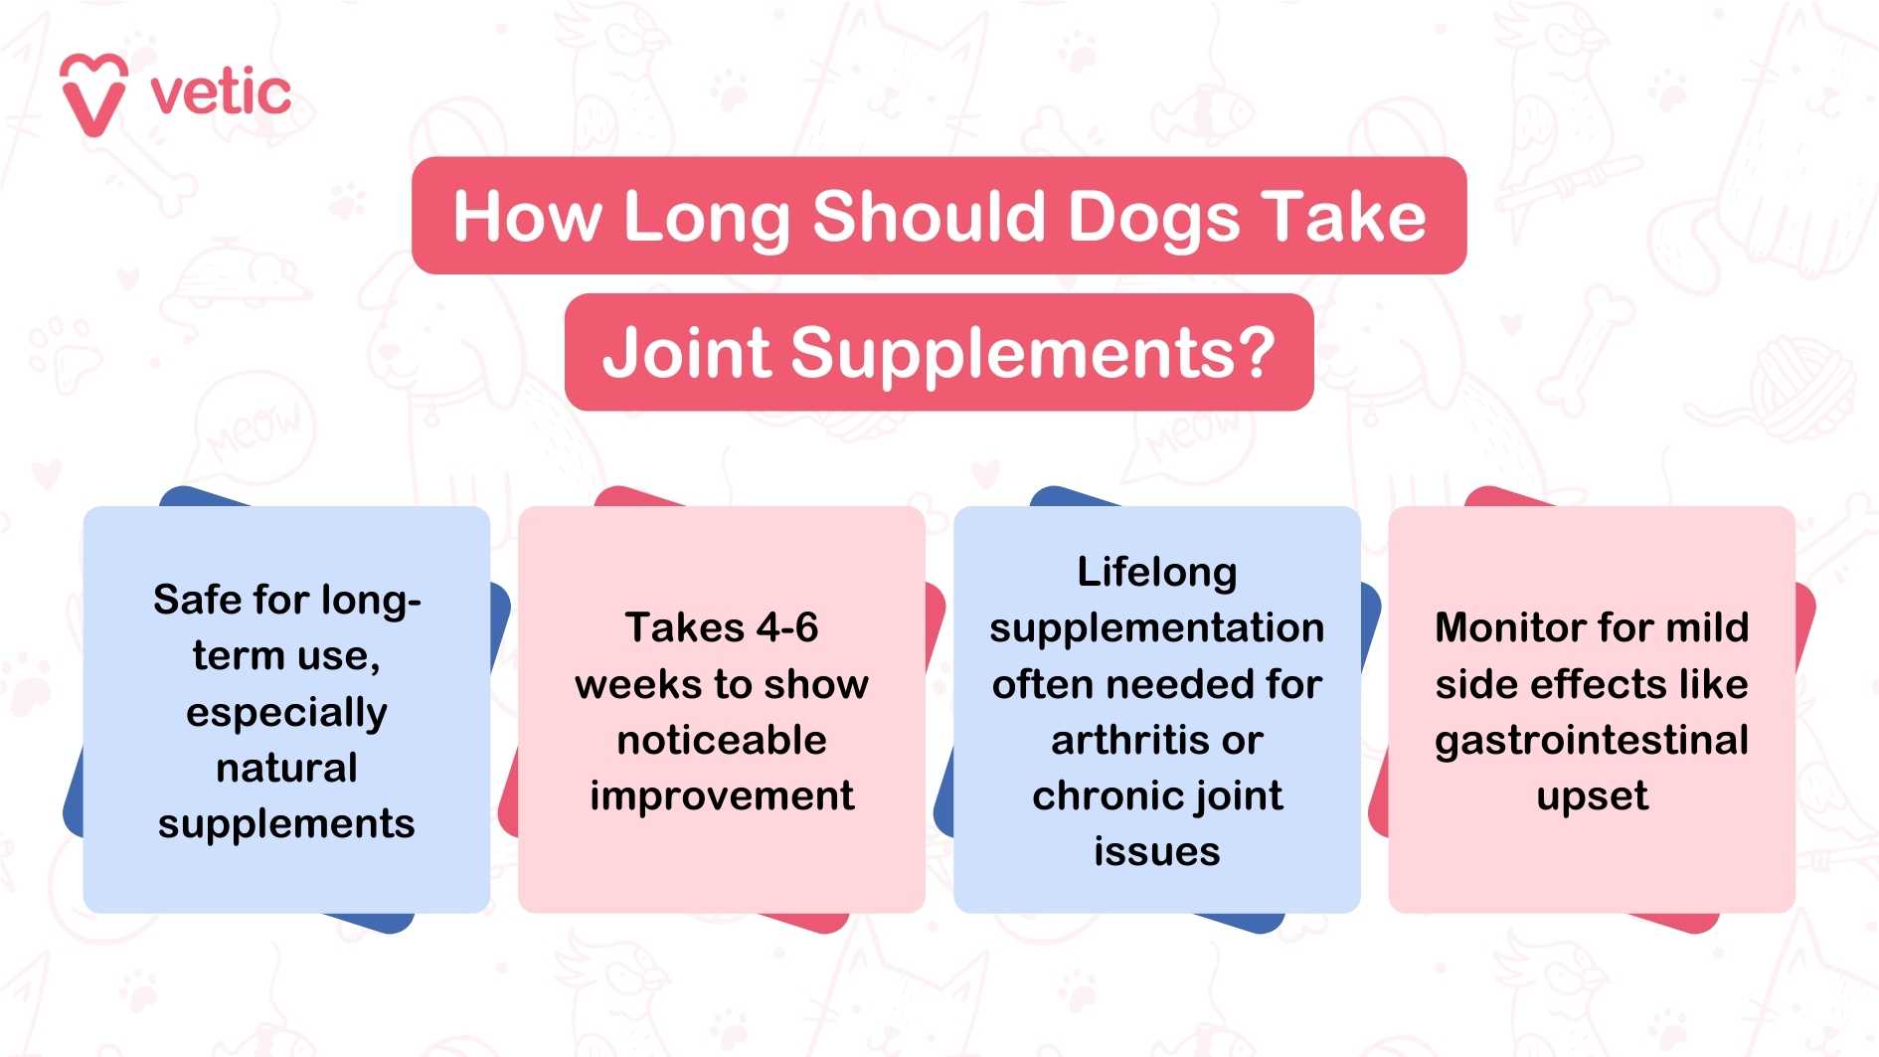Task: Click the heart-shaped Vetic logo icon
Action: coord(93,94)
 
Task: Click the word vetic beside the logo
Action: coord(221,93)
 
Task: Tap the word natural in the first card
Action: coord(286,768)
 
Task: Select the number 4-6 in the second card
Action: coord(787,627)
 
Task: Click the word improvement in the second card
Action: coord(722,795)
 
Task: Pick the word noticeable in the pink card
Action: coord(722,740)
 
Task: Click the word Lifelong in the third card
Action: coord(1157,573)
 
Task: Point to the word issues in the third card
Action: coord(1157,852)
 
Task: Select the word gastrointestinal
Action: coord(1592,741)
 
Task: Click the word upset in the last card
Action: coord(1592,796)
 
